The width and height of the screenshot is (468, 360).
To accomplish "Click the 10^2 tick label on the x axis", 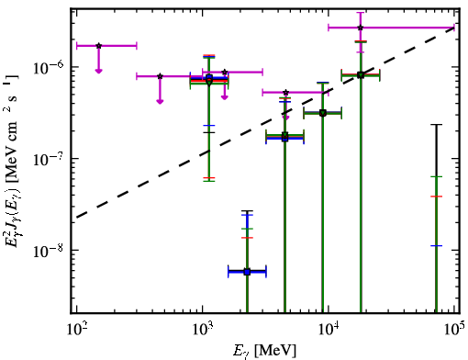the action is point(76,330).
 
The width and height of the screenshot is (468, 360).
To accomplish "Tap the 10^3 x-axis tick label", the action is point(203,330).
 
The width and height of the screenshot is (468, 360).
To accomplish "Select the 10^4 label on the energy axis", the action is point(329,330).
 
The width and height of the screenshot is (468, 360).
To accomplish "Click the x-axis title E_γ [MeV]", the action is point(264,351).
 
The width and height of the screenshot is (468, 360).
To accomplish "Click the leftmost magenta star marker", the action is point(98,46).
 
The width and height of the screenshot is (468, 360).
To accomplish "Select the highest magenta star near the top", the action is point(361,28).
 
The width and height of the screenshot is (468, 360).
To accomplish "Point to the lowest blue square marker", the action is point(247,272).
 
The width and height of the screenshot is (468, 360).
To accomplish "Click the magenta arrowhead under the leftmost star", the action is point(98,71).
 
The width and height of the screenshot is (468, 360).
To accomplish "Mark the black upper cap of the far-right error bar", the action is point(436,125).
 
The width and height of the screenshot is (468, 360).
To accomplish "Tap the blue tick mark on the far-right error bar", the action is point(436,246).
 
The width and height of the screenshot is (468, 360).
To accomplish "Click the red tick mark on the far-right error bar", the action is point(436,197).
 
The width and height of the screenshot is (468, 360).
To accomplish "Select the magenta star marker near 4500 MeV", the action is point(285,93).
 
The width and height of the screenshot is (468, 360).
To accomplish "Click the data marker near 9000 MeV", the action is point(322,113).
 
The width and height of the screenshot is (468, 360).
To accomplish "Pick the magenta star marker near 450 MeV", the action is point(160,76).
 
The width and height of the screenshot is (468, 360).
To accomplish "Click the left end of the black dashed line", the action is point(76,218).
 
